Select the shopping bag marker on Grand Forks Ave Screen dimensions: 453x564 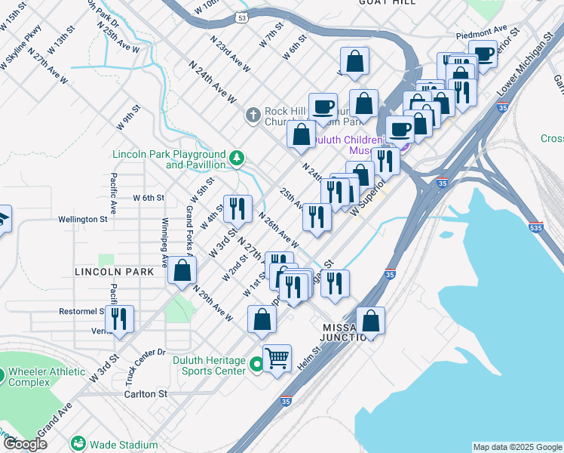[x=182, y=270]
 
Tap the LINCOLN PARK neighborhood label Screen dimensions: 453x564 [x=109, y=271]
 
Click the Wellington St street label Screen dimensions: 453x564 [x=84, y=220]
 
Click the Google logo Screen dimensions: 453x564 [x=25, y=443]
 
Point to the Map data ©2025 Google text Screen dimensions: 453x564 [x=516, y=447]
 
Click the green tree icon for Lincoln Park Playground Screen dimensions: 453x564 [x=238, y=158]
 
